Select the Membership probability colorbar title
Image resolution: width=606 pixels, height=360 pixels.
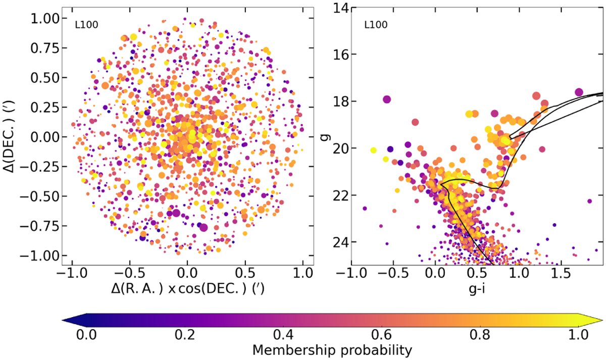tap(332, 349)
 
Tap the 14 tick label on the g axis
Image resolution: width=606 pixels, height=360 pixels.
tap(337, 8)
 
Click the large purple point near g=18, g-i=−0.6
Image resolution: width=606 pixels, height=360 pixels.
tap(387, 99)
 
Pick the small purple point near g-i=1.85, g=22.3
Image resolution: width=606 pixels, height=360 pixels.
tap(589, 201)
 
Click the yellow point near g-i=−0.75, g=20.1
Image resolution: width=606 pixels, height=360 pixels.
tap(373, 150)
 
